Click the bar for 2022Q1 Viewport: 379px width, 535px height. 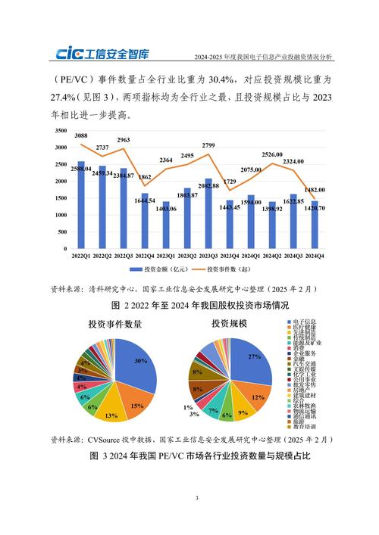tap(81, 204)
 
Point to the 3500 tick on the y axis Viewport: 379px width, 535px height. tap(59, 130)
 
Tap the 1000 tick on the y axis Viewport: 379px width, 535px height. tap(59, 215)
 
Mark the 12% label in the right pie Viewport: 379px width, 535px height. tap(258, 397)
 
